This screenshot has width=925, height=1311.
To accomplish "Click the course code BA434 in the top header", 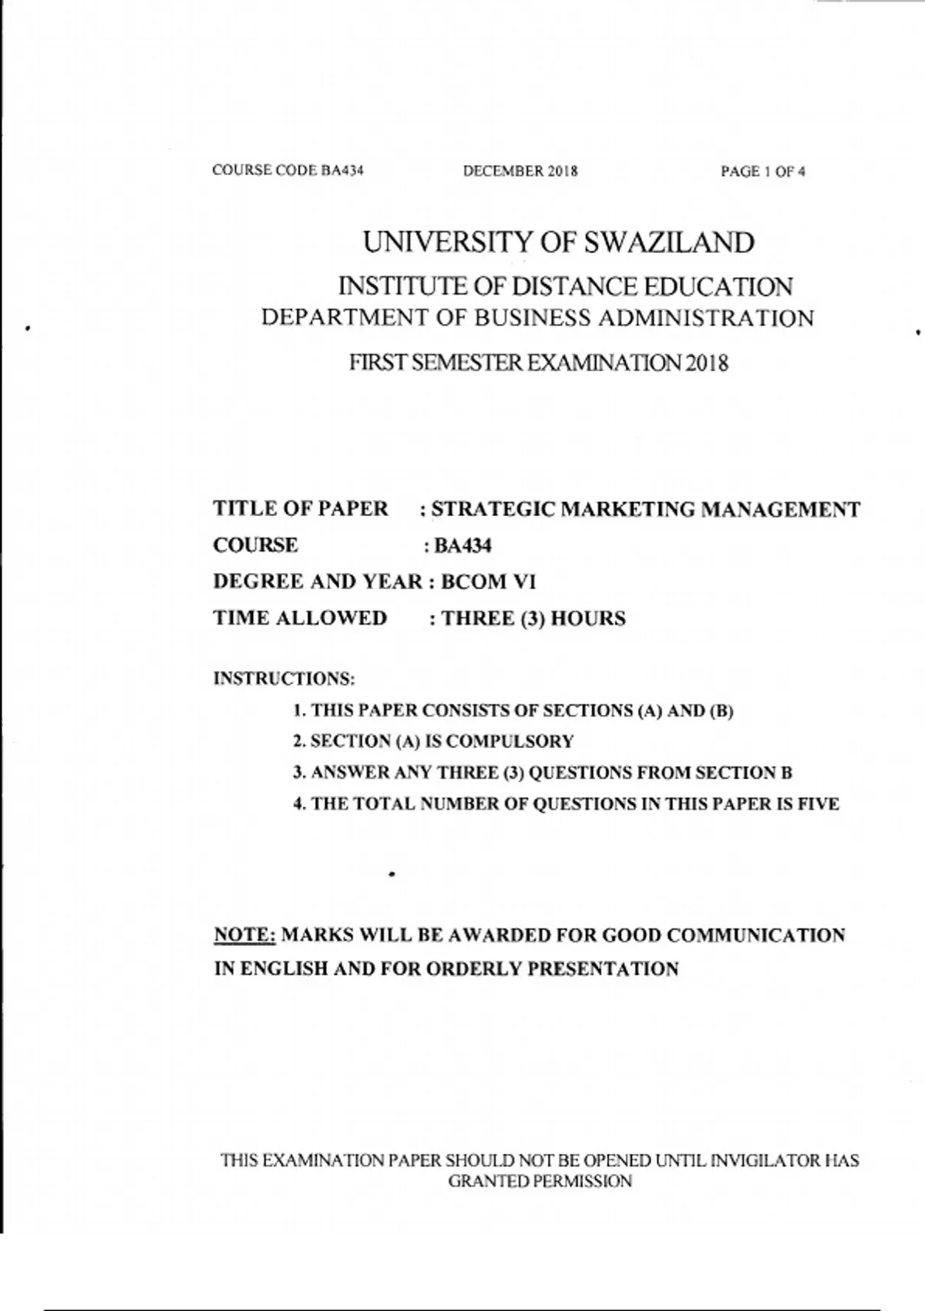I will (341, 170).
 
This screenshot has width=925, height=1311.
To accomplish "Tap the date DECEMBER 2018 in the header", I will (520, 171).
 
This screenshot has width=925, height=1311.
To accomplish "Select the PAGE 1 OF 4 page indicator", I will (762, 172).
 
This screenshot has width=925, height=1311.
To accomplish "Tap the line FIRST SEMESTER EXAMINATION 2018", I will (538, 362).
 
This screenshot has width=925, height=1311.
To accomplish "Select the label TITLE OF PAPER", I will (301, 509).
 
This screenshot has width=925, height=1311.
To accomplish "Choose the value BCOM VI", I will (487, 581).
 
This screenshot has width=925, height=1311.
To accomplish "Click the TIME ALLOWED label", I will (300, 618).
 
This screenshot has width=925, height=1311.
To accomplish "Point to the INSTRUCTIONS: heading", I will (284, 679).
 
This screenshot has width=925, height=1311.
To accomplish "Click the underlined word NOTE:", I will (244, 935).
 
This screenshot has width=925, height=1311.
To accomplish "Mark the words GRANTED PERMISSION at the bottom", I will (540, 1181).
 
